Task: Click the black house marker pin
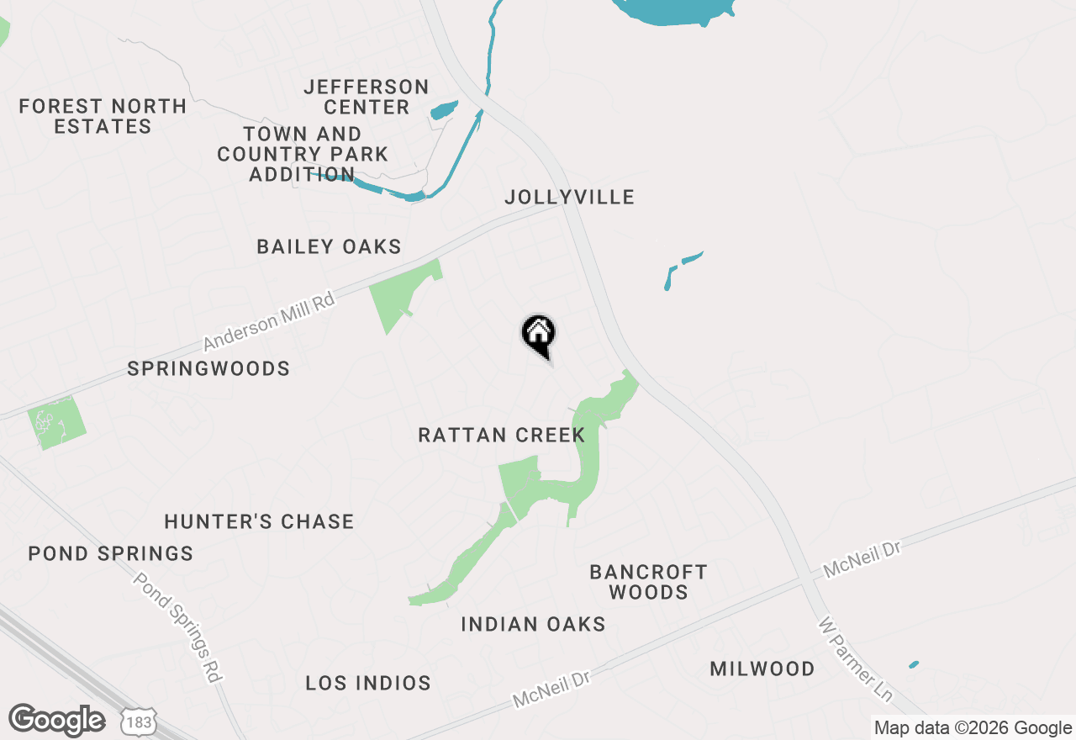click(x=538, y=335)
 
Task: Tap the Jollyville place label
click(x=569, y=197)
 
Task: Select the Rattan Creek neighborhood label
click(x=501, y=435)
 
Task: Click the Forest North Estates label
click(x=103, y=116)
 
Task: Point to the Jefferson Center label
click(x=367, y=97)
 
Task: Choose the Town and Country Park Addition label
click(x=303, y=154)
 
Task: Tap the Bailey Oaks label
click(x=329, y=246)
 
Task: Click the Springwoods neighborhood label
click(x=208, y=368)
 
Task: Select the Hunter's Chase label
click(x=259, y=521)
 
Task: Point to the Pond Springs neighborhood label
click(x=111, y=553)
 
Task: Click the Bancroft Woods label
click(x=648, y=582)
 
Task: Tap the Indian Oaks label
click(x=533, y=624)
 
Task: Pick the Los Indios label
click(x=368, y=683)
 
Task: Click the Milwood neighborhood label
click(x=762, y=669)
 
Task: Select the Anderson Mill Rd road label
click(x=269, y=321)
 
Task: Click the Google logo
click(x=56, y=721)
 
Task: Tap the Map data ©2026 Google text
click(x=973, y=728)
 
